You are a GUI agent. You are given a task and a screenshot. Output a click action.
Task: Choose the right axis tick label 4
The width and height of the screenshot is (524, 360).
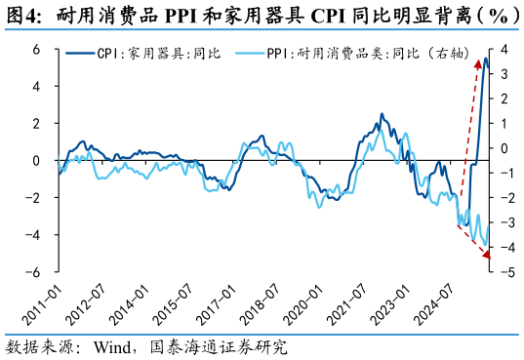point(504,49)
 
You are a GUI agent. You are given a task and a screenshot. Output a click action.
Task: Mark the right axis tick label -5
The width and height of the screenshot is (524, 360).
point(505,272)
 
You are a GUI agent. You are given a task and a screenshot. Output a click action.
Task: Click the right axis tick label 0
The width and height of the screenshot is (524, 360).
point(504,148)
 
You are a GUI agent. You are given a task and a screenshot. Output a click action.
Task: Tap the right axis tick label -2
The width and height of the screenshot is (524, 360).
point(505,198)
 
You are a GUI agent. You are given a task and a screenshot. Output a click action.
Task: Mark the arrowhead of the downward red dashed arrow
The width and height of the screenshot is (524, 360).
point(486,257)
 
